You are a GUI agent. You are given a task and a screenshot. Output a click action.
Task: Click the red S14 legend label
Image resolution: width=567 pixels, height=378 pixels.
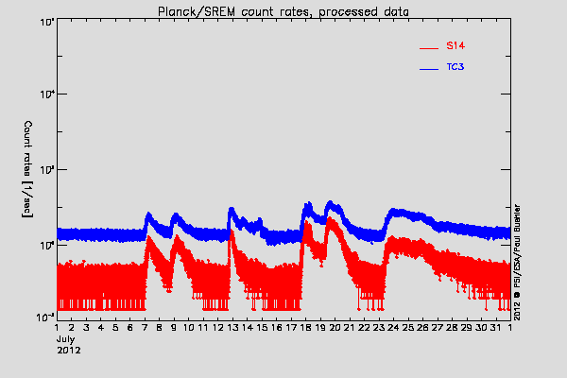tap(455, 45)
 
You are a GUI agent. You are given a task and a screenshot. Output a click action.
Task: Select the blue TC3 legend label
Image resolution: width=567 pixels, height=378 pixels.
tap(455, 68)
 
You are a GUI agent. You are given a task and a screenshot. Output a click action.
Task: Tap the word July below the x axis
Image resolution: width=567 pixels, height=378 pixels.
tap(66, 339)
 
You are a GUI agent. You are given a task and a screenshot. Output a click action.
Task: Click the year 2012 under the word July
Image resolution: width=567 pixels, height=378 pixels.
tap(68, 351)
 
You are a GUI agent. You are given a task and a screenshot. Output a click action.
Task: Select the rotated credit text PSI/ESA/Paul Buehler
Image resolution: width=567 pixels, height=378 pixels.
tap(518, 241)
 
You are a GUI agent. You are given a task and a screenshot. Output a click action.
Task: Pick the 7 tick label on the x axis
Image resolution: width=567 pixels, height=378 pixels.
tap(145, 328)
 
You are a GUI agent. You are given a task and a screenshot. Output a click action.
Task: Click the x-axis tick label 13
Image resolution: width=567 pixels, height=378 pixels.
tap(232, 328)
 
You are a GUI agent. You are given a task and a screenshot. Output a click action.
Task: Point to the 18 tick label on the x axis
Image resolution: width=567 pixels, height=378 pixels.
tap(305, 328)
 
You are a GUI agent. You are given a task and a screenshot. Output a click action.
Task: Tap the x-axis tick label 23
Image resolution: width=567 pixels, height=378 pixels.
tap(379, 328)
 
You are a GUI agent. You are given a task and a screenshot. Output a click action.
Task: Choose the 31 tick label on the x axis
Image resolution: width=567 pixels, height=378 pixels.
tap(495, 328)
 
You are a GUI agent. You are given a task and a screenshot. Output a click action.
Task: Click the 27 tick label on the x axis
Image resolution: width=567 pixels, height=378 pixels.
tap(437, 328)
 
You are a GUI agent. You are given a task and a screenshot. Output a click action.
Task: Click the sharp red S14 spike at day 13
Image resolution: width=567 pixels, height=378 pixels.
tap(231, 232)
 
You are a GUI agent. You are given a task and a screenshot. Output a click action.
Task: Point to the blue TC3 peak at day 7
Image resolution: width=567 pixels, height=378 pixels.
tap(148, 215)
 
